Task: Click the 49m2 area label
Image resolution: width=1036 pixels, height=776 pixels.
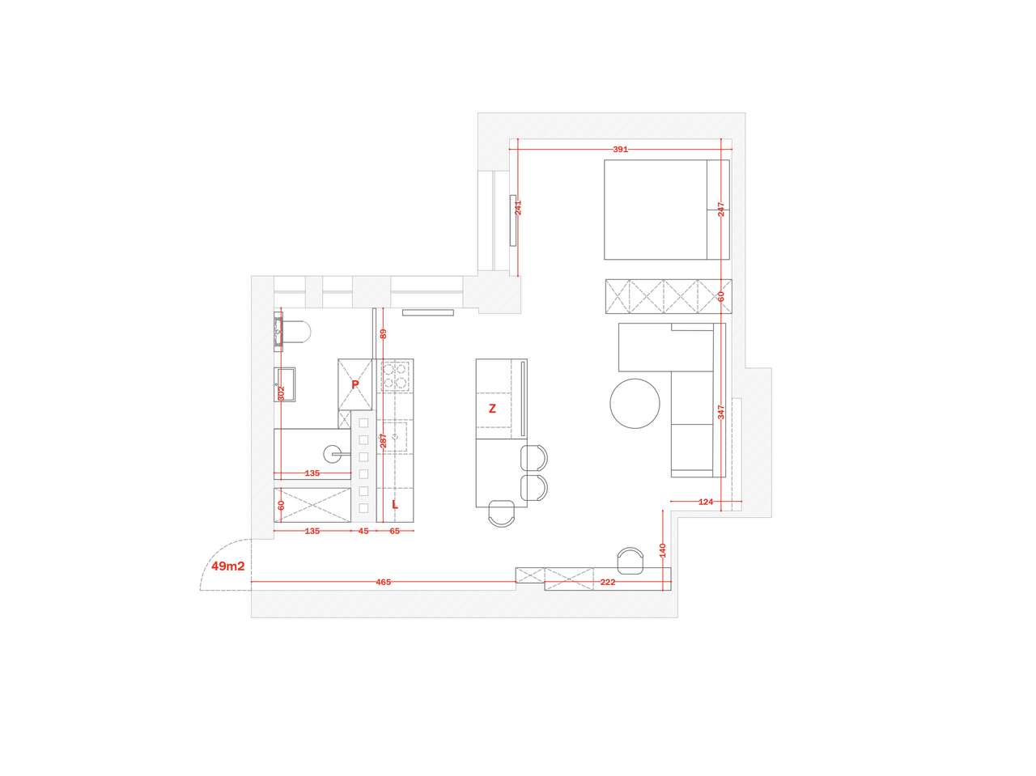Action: [x=227, y=566]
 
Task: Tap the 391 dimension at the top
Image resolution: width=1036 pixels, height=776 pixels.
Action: [x=620, y=150]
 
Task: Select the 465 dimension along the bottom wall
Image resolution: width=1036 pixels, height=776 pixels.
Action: [x=383, y=582]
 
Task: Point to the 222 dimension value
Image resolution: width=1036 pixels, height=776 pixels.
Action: [x=608, y=582]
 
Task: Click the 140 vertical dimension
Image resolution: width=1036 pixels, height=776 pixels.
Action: [x=662, y=550]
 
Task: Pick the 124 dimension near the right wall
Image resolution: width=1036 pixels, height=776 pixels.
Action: [x=706, y=502]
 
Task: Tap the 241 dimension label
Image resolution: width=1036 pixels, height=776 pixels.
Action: [x=518, y=208]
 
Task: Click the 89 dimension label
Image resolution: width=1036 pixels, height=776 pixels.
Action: [x=384, y=333]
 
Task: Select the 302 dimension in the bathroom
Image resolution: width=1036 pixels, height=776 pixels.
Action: [x=282, y=394]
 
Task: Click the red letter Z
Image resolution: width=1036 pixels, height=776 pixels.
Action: [x=492, y=409]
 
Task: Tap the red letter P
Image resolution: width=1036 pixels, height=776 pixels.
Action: [x=355, y=384]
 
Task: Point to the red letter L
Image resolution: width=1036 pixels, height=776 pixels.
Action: [x=395, y=504]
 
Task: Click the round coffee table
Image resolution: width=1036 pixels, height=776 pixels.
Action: [x=635, y=403]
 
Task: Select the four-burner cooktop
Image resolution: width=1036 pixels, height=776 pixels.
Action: [x=395, y=376]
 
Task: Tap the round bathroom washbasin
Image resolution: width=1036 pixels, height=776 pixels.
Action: [x=333, y=454]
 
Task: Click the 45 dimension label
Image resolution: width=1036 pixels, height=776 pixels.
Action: [x=363, y=531]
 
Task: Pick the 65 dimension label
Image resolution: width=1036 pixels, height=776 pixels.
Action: [x=395, y=531]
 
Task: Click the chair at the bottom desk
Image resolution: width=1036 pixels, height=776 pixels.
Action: [x=630, y=561]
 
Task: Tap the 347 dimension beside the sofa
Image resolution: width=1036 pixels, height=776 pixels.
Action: [x=720, y=412]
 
